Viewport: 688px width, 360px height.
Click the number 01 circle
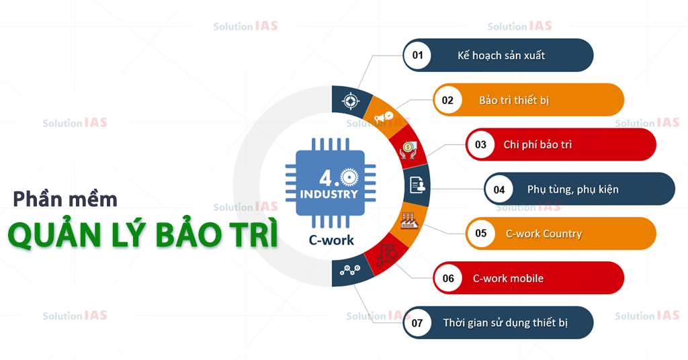[418, 55]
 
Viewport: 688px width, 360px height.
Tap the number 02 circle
[448, 100]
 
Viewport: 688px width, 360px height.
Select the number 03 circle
[480, 144]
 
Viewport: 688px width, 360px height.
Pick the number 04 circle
[499, 189]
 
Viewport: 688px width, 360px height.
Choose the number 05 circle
[481, 234]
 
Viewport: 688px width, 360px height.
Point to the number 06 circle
[448, 278]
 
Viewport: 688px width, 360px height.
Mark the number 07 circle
[418, 323]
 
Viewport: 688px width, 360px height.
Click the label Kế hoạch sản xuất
[501, 55]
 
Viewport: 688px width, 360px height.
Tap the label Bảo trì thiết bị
[514, 100]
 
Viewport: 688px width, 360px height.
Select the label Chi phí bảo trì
[537, 144]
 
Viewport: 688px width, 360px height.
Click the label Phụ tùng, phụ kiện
[573, 189]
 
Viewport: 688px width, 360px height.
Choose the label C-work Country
[544, 234]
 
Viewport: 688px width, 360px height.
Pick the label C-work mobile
[508, 278]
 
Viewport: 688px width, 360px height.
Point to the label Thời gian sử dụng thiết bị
[505, 323]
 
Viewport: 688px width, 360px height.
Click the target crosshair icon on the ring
[349, 101]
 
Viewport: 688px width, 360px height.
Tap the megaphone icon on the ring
[384, 118]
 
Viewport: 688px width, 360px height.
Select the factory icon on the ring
[407, 220]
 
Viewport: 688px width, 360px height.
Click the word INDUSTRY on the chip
[329, 195]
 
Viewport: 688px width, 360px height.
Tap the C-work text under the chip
[331, 240]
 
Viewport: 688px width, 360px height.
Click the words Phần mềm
[66, 199]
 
